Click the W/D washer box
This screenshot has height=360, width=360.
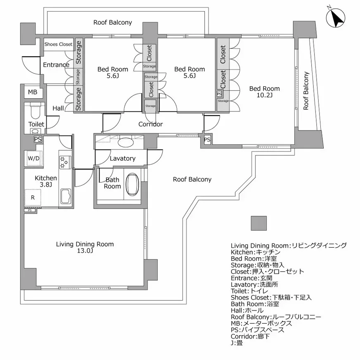33,158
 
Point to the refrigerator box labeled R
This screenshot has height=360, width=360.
32,198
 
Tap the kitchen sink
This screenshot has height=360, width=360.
66,196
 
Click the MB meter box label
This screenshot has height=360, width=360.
32,92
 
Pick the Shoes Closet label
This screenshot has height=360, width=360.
58,44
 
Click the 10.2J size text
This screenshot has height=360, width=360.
264,95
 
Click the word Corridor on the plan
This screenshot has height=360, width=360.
150,124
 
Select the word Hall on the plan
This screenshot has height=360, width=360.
58,108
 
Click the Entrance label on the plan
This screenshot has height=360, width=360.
56,65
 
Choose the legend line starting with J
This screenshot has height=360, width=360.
237,343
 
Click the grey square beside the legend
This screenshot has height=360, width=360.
259,223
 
